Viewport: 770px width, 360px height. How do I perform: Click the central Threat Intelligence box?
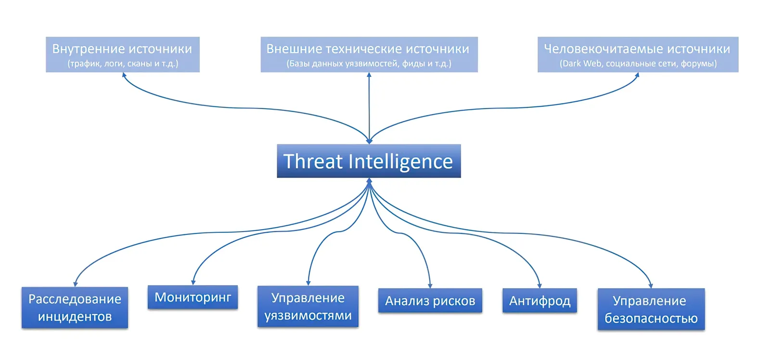coord(369,161)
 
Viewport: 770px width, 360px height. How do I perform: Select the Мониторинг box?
coord(192,297)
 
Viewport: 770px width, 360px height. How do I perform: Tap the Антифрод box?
coord(539,300)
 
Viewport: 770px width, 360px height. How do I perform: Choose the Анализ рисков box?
coord(430,300)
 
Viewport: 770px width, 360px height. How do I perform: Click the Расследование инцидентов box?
coord(75,308)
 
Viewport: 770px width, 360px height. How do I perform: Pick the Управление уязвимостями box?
coord(308,306)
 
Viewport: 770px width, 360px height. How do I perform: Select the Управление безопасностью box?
coord(651,309)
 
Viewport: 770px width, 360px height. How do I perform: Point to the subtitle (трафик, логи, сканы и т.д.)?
coord(123,64)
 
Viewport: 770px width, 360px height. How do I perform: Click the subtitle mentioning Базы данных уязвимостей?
coord(369,64)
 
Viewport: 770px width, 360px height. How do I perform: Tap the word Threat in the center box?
coord(313,161)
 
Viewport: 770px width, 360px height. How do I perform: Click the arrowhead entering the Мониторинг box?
coord(193,283)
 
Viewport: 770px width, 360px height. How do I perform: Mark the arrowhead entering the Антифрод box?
coord(539,285)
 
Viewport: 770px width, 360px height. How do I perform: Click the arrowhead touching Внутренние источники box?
coord(124,75)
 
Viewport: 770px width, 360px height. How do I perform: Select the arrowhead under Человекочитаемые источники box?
coord(637,75)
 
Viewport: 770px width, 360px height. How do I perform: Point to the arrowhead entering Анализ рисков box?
coord(430,285)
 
